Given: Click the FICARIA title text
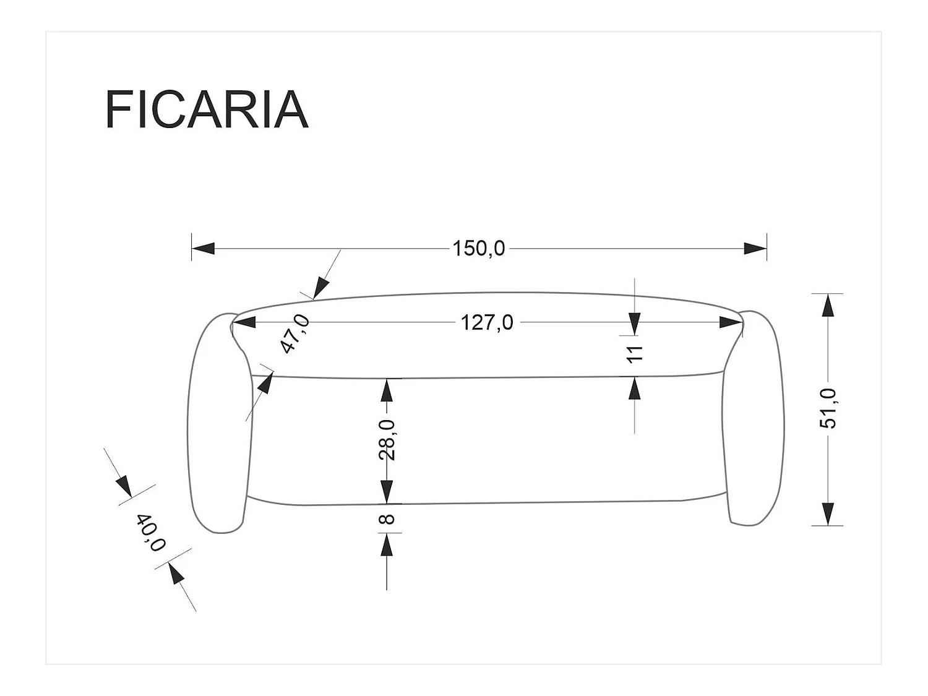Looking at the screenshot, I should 207,110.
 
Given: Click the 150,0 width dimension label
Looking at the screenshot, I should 478,249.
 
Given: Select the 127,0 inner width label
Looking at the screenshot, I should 487,322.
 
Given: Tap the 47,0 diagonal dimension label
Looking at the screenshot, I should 295,333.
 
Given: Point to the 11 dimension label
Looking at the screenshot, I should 635,354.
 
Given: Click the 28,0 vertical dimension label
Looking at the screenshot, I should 387,439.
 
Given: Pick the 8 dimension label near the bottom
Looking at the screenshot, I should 387,518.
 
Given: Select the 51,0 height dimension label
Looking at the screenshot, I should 827,408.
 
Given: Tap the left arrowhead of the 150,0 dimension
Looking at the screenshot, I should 203,249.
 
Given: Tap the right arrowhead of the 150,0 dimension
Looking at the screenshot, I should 755,249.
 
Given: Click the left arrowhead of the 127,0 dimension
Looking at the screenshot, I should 244,322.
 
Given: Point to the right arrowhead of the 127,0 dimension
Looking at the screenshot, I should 730,322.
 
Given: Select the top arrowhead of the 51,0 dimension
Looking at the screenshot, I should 827,304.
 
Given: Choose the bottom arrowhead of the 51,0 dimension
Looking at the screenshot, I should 827,514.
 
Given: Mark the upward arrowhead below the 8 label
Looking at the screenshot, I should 387,544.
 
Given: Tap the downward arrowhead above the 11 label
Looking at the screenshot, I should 635,322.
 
